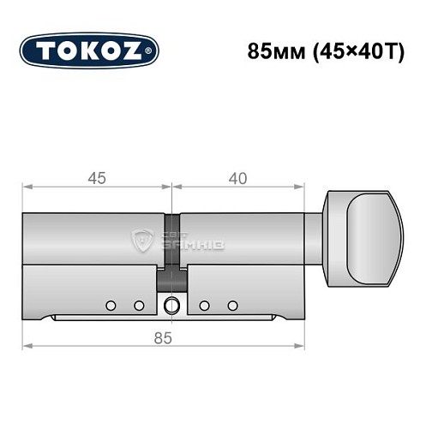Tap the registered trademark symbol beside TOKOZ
(x=153, y=51)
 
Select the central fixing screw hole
(x=172, y=305)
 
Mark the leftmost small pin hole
(x=111, y=305)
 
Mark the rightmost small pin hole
(x=232, y=305)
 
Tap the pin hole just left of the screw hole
(x=138, y=305)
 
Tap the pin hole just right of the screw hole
(x=205, y=305)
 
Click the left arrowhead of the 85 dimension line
(x=27, y=346)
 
